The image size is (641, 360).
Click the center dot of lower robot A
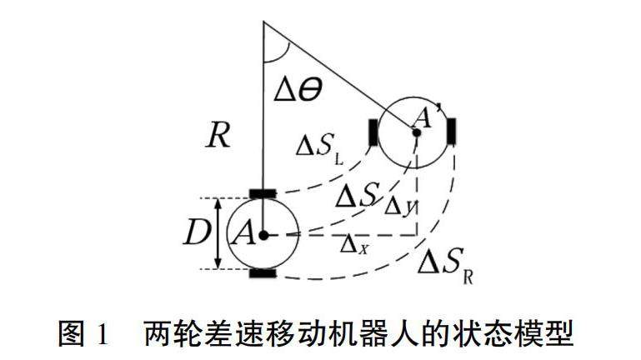pos(263,236)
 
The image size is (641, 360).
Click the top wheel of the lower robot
pos(263,194)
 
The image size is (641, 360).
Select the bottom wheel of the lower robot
pos(263,272)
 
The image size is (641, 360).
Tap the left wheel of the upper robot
pos(373,132)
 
